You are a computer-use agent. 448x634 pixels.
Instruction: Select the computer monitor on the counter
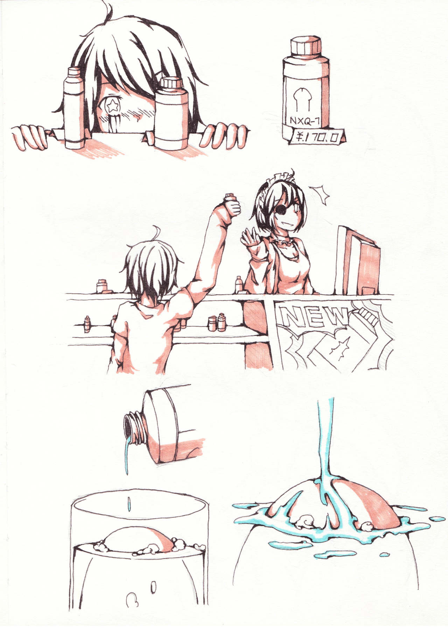tap(357, 263)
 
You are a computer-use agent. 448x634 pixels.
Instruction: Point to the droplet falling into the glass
tap(129, 503)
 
